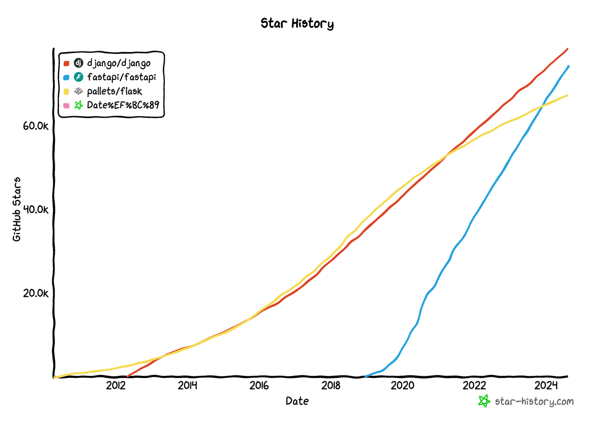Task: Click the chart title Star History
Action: click(x=297, y=24)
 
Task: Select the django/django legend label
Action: click(x=119, y=63)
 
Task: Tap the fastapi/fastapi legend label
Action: click(x=121, y=77)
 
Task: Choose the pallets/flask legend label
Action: click(x=114, y=91)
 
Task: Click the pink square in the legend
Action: click(x=67, y=105)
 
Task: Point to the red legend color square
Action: click(x=67, y=63)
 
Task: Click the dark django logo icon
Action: click(x=79, y=63)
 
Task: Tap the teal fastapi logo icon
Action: click(x=79, y=77)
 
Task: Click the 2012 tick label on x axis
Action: click(x=116, y=386)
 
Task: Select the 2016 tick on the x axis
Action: click(x=259, y=386)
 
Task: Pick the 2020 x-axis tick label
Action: click(x=402, y=386)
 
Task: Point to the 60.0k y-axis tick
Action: click(x=36, y=126)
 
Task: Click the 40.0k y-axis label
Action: click(x=36, y=210)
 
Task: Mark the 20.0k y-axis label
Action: click(x=36, y=293)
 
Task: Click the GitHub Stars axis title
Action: click(x=17, y=209)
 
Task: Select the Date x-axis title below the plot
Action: click(x=297, y=401)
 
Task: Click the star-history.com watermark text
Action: click(x=534, y=401)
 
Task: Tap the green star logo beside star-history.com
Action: click(x=484, y=401)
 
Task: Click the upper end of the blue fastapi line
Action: click(x=568, y=66)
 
